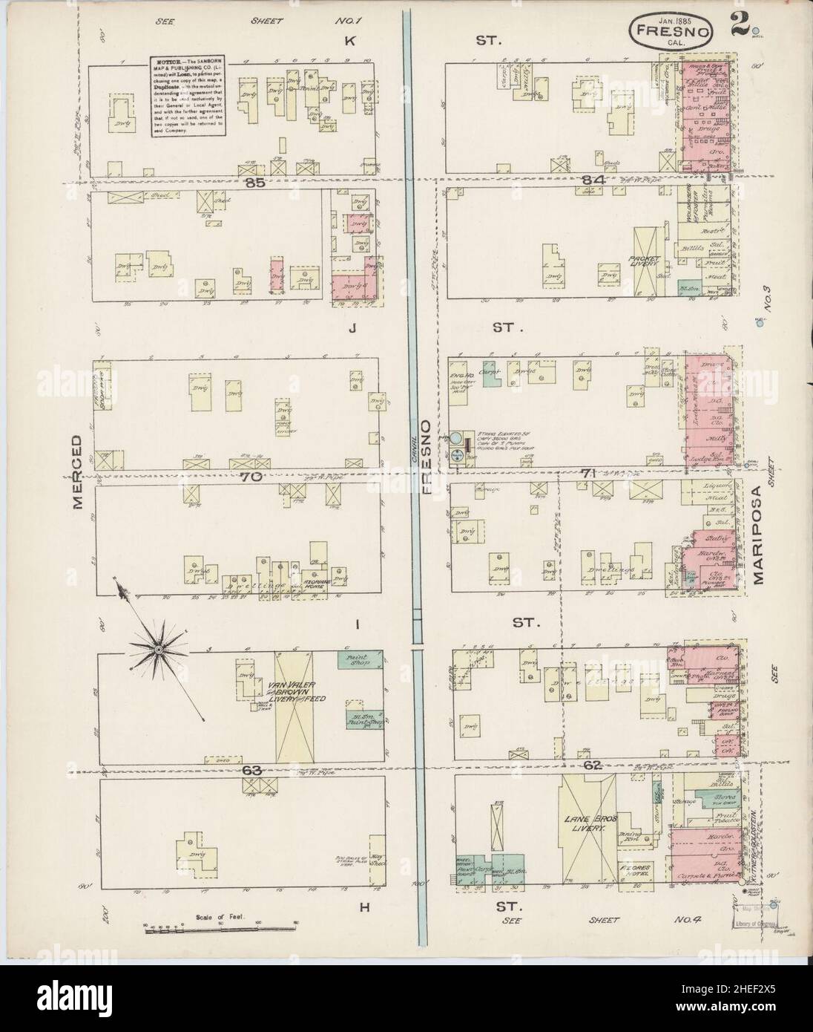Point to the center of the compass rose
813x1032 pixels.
[159, 650]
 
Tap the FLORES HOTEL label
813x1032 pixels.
[635, 871]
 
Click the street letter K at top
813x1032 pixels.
[349, 42]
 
